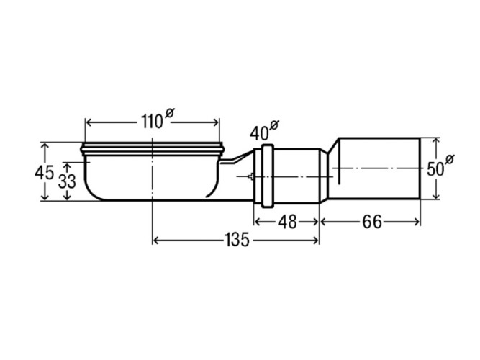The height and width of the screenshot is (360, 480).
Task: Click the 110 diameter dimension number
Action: tap(152, 122)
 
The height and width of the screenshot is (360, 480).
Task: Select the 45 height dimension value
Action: tap(44, 173)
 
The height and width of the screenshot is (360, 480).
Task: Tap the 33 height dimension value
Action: tap(67, 181)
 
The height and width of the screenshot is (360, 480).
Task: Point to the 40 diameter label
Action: tap(259, 133)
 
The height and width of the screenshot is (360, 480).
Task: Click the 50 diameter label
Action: tap(435, 169)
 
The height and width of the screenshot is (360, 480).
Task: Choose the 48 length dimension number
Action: tap(287, 222)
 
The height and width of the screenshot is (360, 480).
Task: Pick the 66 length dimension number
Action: tap(371, 222)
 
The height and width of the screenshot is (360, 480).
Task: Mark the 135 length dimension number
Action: tap(237, 240)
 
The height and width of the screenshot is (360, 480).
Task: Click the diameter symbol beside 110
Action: tap(169, 113)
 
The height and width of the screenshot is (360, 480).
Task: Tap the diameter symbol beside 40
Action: tap(274, 125)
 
